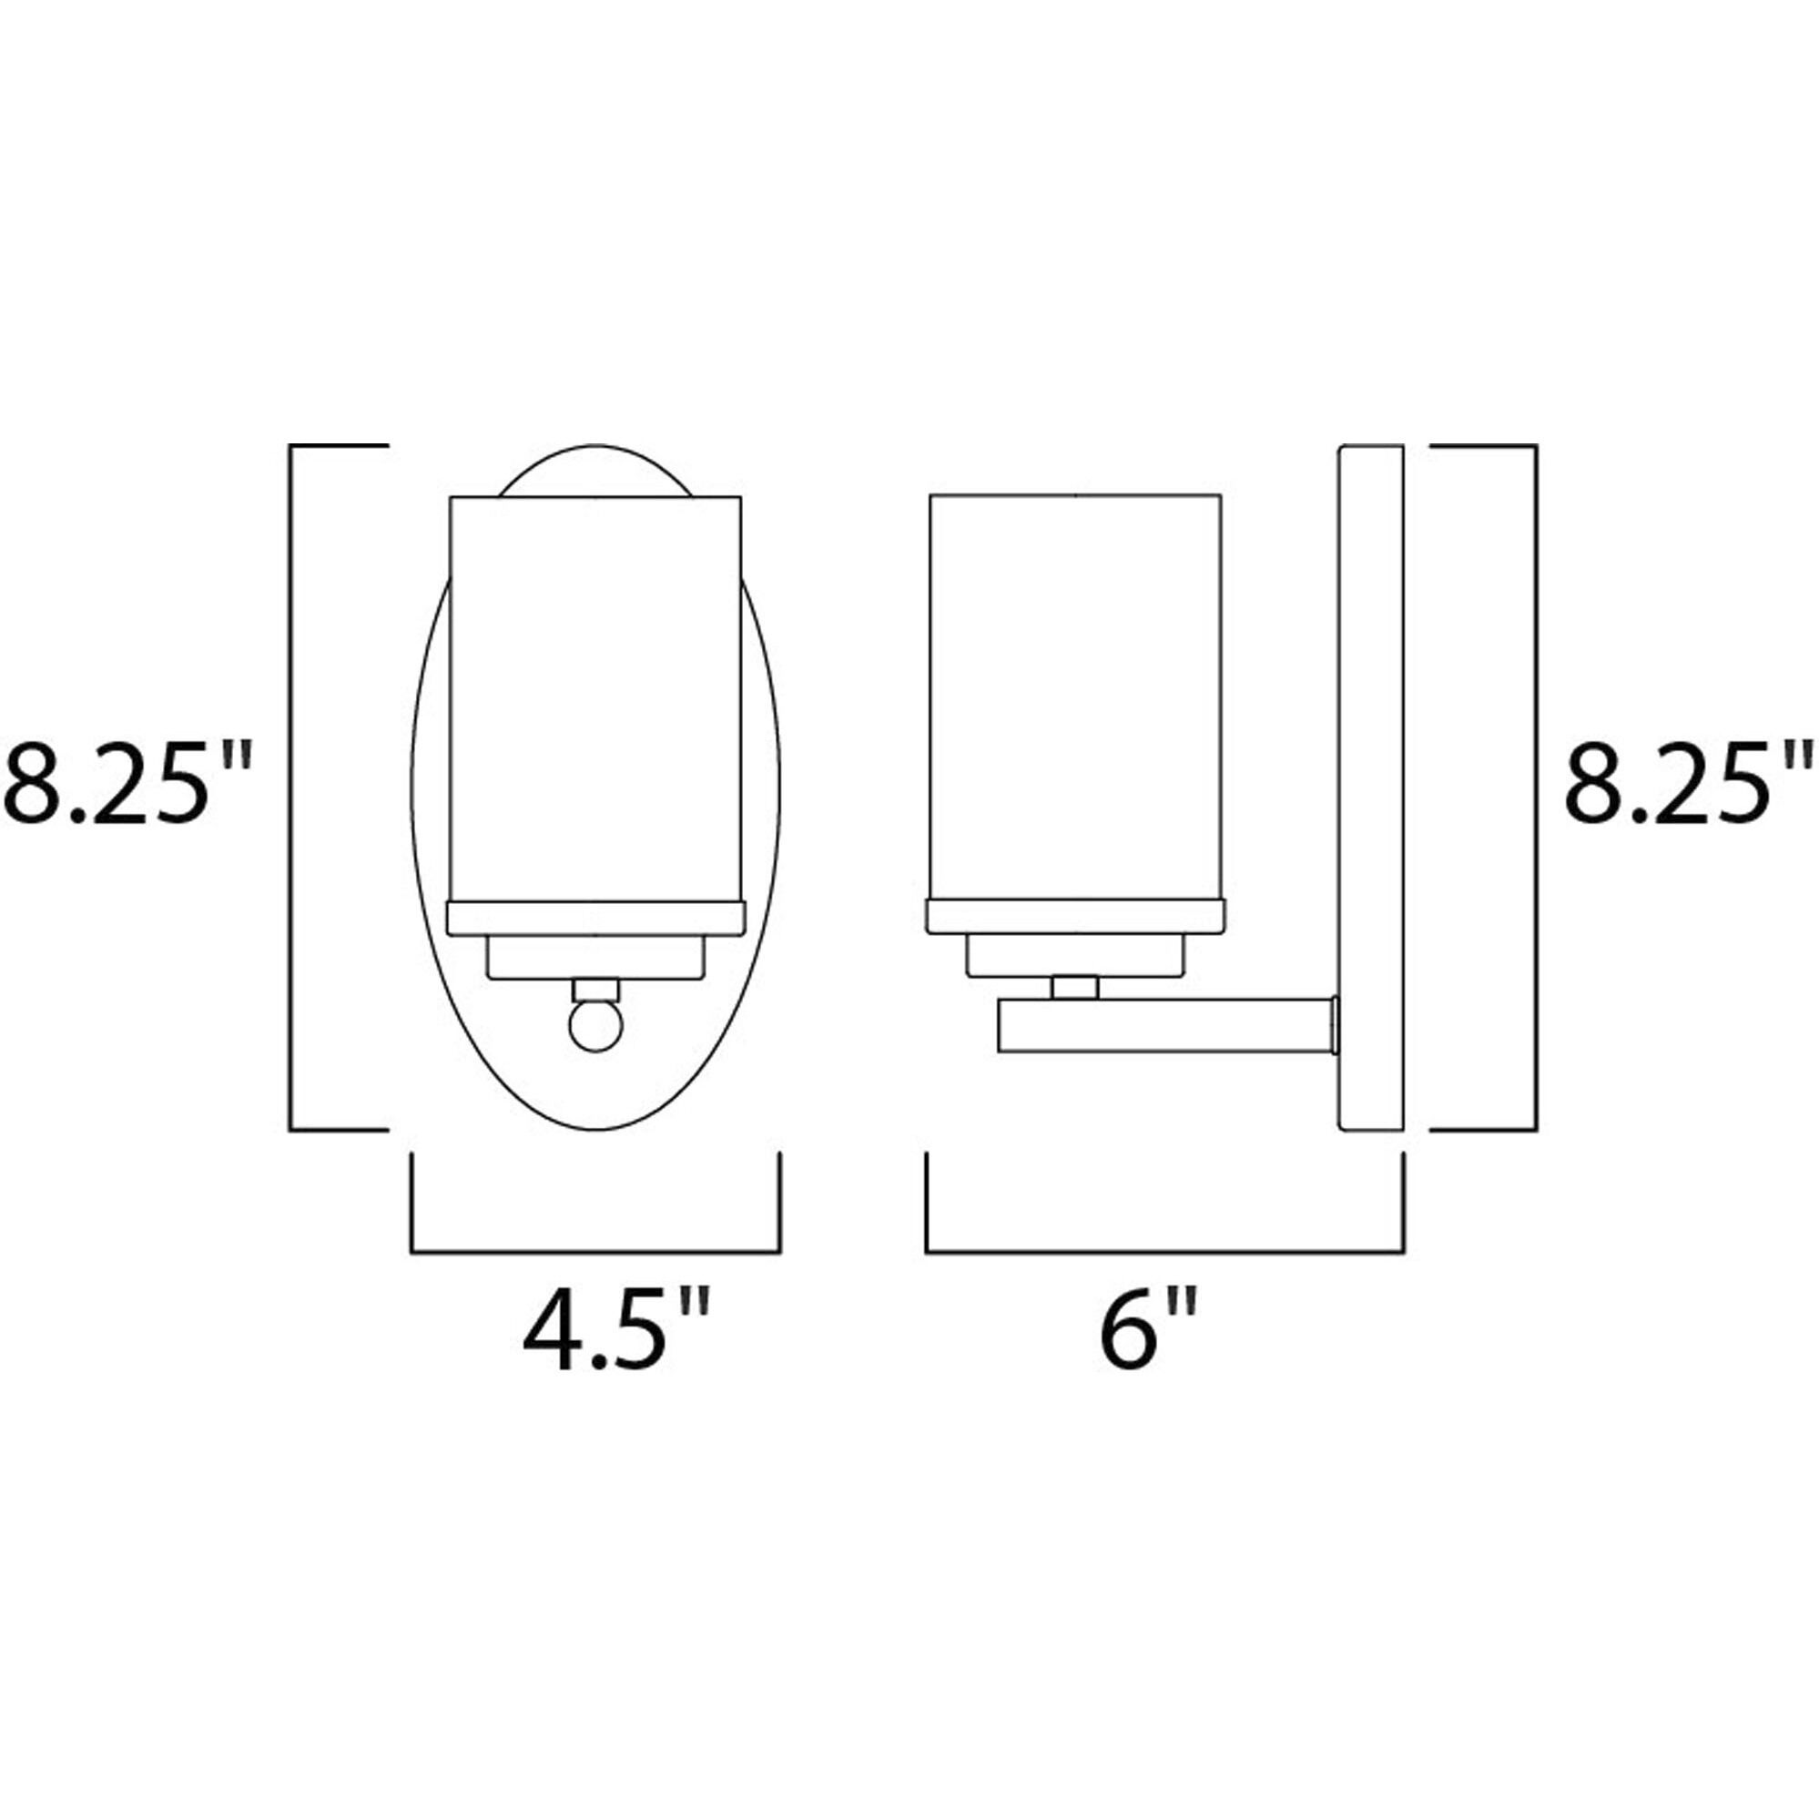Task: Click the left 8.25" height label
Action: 127,783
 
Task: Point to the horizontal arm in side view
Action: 1165,1026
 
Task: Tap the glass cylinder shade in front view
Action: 595,696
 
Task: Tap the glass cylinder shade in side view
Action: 1075,696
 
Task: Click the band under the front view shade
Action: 595,918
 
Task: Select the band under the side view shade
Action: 1075,916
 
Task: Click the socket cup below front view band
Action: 595,958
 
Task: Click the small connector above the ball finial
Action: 595,990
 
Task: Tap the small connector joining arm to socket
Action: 1075,987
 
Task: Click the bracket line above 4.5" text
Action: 595,1252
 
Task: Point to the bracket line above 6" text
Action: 1164,1252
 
